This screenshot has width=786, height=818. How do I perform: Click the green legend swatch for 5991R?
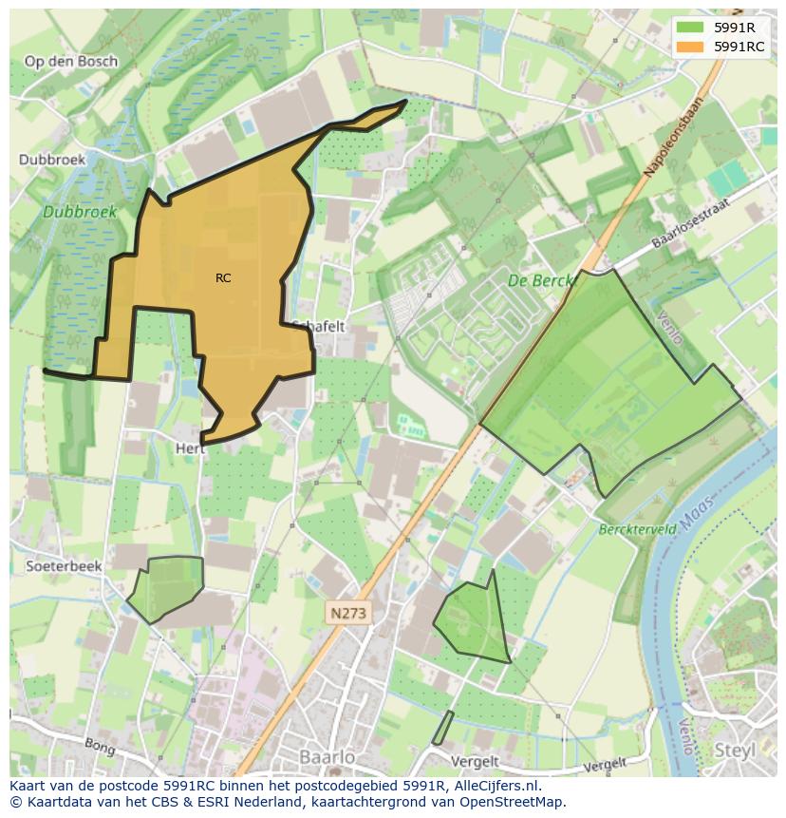click(690, 27)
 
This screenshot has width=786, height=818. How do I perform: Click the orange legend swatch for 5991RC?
click(690, 46)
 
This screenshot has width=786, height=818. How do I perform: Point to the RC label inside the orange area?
click(223, 278)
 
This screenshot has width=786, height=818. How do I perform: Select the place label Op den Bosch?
click(71, 62)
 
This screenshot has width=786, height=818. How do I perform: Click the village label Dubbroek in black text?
click(52, 160)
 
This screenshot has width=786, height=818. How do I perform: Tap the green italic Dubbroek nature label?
click(80, 213)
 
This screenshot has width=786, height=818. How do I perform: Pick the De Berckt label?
click(541, 280)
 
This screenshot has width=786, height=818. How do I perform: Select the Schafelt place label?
click(319, 326)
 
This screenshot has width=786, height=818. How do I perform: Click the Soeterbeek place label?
click(64, 565)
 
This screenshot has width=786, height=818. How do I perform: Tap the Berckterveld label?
click(637, 528)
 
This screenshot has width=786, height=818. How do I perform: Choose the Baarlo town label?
click(327, 757)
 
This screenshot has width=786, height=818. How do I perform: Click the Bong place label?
click(100, 747)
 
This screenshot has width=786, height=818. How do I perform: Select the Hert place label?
click(190, 447)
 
